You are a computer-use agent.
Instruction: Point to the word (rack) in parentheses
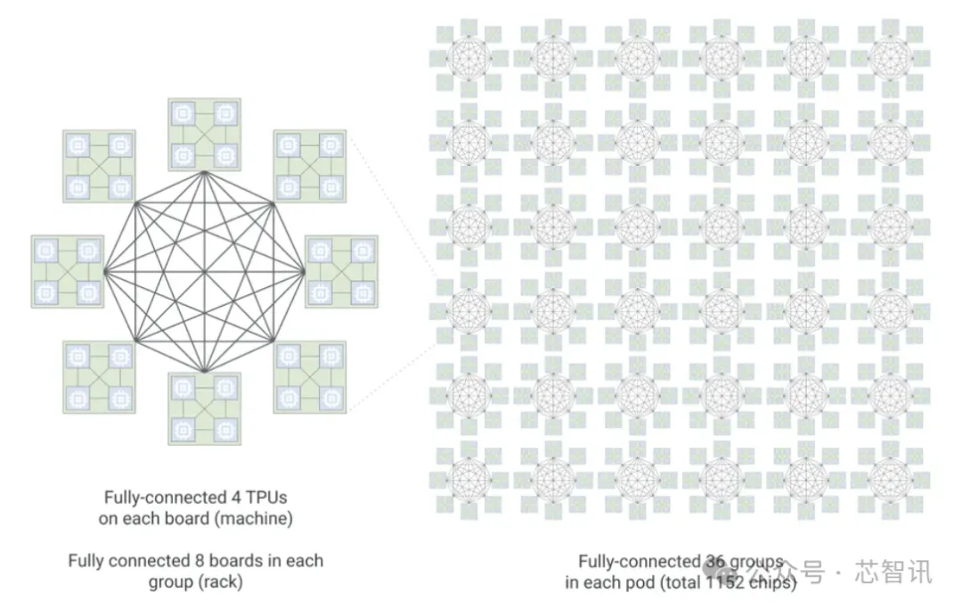coord(219,581)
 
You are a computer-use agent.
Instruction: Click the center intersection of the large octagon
coord(204,270)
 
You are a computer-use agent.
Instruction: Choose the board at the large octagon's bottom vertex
coord(204,408)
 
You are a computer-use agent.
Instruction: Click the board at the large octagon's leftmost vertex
coord(68,270)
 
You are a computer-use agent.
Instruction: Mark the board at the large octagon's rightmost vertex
coord(341,270)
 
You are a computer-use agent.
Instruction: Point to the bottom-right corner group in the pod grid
coord(891,477)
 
